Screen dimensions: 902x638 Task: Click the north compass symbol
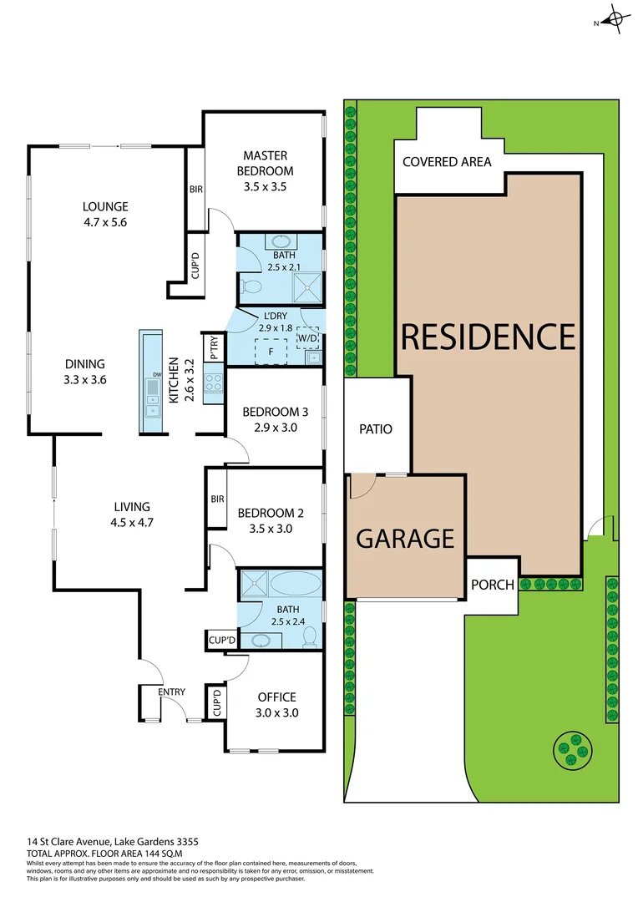(615, 19)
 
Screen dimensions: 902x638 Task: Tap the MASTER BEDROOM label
(266, 170)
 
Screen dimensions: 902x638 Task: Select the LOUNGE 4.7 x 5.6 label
(105, 215)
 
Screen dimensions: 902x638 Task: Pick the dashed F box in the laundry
(271, 352)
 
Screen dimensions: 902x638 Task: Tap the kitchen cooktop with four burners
(213, 383)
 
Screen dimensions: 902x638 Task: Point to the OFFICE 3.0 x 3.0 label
(276, 705)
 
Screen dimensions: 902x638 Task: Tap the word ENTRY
(171, 692)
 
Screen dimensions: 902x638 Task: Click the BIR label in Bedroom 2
(217, 499)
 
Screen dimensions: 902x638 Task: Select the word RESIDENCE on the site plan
(489, 336)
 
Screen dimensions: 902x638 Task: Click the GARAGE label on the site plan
(405, 539)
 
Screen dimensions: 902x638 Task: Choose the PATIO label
(376, 429)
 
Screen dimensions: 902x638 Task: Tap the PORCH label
(493, 584)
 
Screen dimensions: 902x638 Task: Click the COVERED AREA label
(447, 162)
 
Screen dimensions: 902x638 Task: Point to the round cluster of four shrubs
(574, 749)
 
